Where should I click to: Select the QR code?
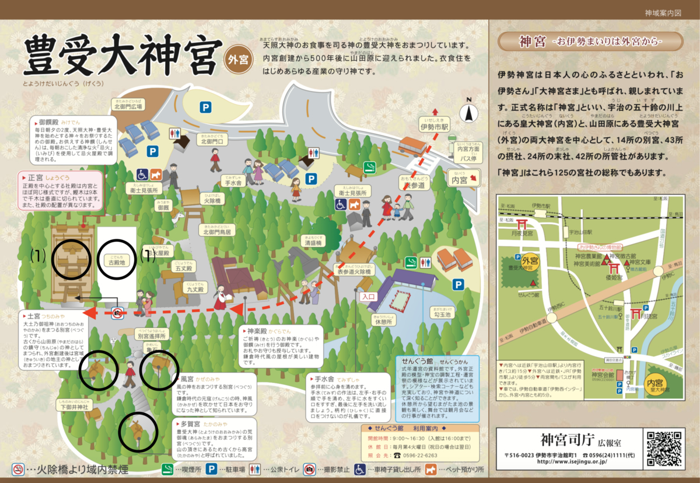click(664, 448)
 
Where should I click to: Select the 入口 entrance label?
click(369, 296)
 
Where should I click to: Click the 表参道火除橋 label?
click(353, 272)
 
